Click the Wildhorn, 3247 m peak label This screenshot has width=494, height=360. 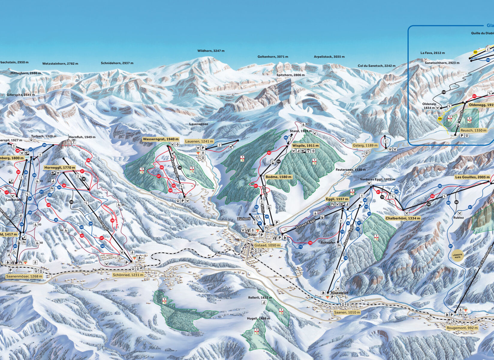click(211, 51)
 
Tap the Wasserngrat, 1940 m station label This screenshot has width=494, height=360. click(161, 139)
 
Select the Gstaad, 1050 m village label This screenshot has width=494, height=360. click(267, 245)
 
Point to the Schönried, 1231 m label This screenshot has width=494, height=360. click(128, 275)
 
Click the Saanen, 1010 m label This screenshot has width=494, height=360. click(347, 312)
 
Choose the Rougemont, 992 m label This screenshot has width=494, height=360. click(462, 328)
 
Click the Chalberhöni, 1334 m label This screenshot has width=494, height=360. click(403, 218)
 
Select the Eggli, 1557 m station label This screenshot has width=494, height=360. click(337, 199)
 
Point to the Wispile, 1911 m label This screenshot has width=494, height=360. click(305, 145)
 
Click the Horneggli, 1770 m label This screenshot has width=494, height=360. click(60, 167)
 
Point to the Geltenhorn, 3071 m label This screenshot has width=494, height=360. click(273, 57)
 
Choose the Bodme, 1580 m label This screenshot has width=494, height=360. click(278, 177)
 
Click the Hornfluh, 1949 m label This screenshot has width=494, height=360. click(82, 137)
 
